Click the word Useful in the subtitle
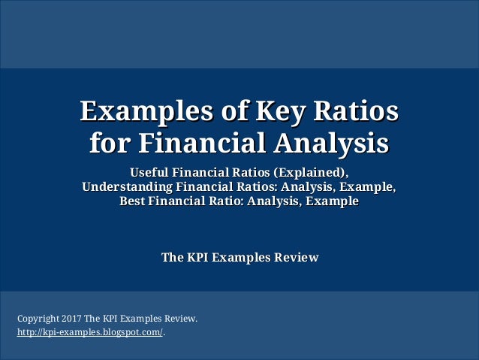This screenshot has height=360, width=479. (152, 171)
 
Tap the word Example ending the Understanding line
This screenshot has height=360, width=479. (368, 186)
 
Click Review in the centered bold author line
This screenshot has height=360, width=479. (296, 258)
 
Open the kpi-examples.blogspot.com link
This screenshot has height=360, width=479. (89, 332)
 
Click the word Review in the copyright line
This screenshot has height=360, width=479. (179, 319)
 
